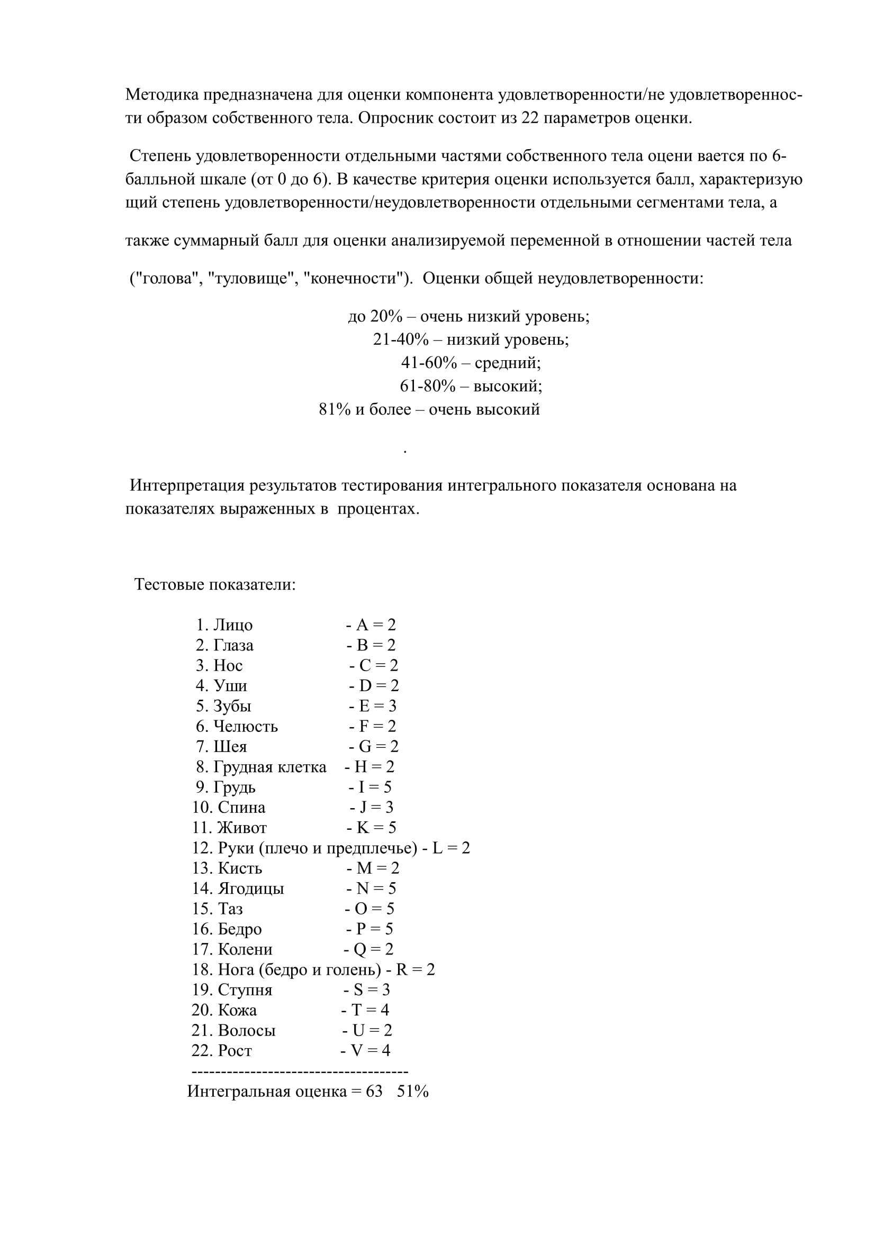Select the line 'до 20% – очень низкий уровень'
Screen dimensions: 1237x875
[468, 316]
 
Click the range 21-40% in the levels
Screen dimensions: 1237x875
[401, 340]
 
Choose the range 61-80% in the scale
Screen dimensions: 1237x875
[428, 386]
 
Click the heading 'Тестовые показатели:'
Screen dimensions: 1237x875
[214, 584]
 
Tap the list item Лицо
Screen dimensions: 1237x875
[232, 625]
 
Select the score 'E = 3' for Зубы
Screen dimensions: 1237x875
[377, 706]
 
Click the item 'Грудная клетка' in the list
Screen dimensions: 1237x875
[269, 767]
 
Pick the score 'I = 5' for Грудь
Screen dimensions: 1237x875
[375, 787]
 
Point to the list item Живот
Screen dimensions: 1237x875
[242, 828]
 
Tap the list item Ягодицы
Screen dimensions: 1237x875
[251, 888]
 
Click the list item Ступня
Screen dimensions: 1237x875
[245, 989]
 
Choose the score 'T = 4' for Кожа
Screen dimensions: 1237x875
[370, 1010]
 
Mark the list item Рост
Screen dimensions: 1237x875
[234, 1050]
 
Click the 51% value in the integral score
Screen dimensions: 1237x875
[412, 1091]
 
